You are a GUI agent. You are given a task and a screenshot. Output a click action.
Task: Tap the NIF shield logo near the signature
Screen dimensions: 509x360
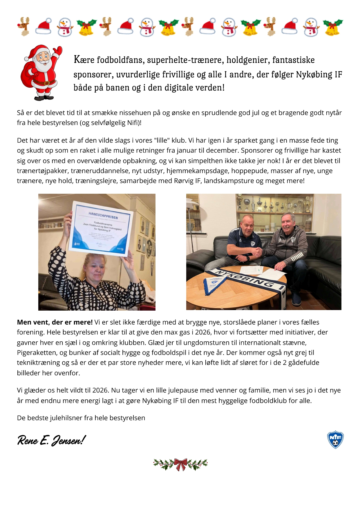(x=335, y=439)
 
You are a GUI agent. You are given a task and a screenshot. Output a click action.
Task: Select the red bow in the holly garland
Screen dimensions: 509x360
(x=180, y=464)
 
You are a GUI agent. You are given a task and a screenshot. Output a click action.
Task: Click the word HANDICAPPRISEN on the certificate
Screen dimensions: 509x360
(x=103, y=215)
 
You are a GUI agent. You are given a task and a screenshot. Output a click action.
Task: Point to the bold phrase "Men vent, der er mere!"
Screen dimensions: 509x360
(x=55, y=322)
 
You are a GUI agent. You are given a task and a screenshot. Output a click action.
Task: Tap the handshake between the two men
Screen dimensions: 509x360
(x=258, y=251)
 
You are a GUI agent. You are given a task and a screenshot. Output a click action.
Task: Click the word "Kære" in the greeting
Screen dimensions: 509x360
(x=84, y=60)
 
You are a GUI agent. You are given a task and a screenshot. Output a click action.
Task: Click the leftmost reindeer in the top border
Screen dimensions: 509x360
(x=24, y=26)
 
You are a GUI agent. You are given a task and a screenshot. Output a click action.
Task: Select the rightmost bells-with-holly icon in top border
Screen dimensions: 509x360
(x=333, y=27)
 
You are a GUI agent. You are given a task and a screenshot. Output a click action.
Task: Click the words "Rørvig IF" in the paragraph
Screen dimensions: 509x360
(x=187, y=181)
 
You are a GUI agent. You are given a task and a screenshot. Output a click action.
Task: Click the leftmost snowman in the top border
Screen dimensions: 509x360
(x=64, y=27)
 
